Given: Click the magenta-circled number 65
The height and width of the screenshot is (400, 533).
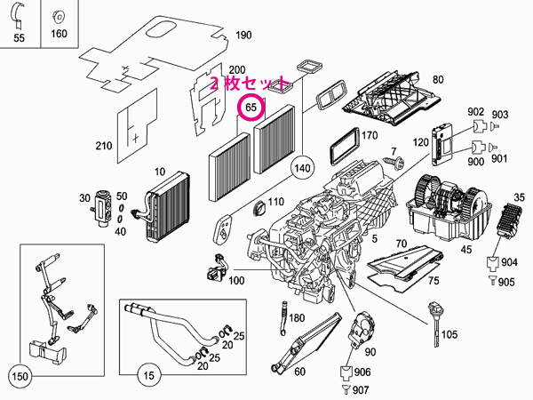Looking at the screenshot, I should click(251, 108).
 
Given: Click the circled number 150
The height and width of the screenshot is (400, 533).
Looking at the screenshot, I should click(20, 377).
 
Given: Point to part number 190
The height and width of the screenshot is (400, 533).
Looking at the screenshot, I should click(243, 36).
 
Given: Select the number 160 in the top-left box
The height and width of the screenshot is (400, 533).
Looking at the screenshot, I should click(59, 36).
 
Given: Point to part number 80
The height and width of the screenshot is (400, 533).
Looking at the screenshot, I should click(437, 79).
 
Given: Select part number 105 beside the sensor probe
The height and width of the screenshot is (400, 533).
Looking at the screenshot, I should click(449, 335).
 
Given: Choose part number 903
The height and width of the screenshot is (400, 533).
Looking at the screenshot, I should click(499, 116).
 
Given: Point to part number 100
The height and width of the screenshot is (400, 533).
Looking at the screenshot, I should click(235, 282).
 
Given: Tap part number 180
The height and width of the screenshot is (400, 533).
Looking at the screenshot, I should click(297, 317).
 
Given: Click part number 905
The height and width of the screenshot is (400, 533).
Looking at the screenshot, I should click(505, 282).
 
